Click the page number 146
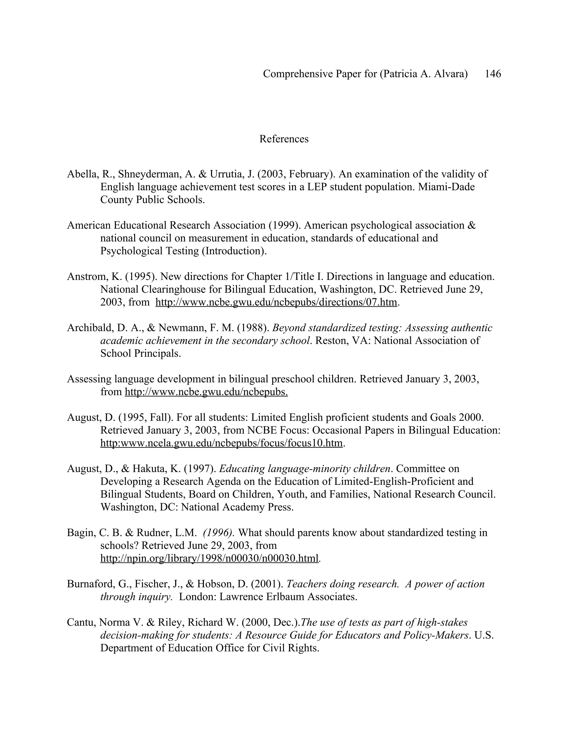[x=493, y=74]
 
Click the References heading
[x=284, y=139]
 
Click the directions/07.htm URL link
[x=276, y=302]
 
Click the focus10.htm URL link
[x=221, y=443]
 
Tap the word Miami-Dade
[x=446, y=187]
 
